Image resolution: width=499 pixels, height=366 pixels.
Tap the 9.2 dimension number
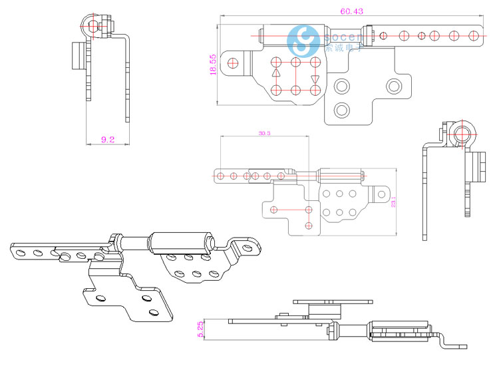pyautogui.click(x=108, y=140)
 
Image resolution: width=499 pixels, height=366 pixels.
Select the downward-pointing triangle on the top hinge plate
pyautogui.click(x=315, y=80)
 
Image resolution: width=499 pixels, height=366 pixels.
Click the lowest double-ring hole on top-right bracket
pyautogui.click(x=341, y=109)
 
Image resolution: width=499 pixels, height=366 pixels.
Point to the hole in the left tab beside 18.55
pyautogui.click(x=232, y=63)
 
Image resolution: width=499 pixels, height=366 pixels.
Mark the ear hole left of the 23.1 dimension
pyautogui.click(x=381, y=194)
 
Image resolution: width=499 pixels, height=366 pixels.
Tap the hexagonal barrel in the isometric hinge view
pyautogui.click(x=180, y=243)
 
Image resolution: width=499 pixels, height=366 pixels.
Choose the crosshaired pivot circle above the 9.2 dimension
pyautogui.click(x=94, y=26)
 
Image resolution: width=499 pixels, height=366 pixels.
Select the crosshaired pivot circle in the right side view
pyautogui.click(x=461, y=133)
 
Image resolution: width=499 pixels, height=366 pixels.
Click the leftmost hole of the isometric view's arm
pyautogui.click(x=21, y=251)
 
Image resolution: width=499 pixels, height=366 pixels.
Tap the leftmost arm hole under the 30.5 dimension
pyautogui.click(x=221, y=176)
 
